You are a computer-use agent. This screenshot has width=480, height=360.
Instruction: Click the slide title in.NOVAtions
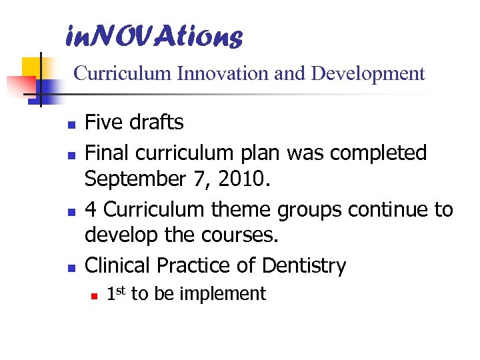coord(154,37)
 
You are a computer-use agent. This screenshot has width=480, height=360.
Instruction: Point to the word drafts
coord(159,123)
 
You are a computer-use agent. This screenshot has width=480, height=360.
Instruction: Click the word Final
coord(107,153)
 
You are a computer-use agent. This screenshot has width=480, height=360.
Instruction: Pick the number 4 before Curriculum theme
coord(91,209)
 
